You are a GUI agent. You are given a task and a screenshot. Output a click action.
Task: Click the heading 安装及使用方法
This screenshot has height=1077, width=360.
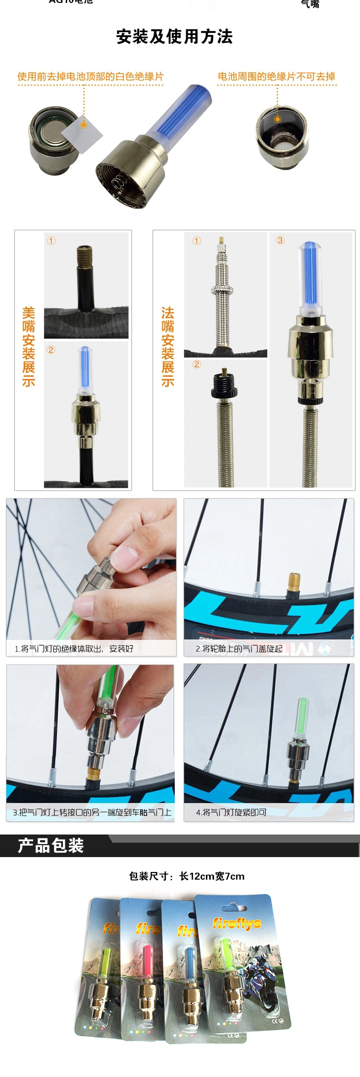[174, 37]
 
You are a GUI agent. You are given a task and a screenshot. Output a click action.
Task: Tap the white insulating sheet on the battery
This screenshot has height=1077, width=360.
[83, 129]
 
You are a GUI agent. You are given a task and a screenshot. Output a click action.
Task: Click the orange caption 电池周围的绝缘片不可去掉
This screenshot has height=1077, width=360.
[276, 76]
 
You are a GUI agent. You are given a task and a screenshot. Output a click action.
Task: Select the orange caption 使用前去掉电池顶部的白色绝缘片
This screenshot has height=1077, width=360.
[90, 76]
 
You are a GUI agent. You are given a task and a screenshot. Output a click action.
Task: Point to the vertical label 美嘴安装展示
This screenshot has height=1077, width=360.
[29, 347]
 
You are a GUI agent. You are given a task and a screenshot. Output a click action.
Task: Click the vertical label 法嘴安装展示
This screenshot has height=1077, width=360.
[168, 347]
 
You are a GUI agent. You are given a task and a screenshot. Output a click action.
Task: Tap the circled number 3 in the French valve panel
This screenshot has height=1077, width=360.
[280, 240]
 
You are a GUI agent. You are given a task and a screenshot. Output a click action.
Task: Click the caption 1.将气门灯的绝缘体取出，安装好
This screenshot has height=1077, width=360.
[74, 649]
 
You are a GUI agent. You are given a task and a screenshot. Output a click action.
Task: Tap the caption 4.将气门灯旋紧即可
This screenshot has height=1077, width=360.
[231, 812]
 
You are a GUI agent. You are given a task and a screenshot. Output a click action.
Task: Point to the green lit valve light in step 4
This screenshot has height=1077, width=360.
[302, 717]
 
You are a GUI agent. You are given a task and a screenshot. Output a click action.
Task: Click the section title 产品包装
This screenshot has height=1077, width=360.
[51, 846]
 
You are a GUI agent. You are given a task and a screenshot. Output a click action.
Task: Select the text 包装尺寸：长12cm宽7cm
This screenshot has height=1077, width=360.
[187, 876]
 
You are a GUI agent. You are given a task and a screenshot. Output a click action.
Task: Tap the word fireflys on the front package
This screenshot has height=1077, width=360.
[237, 922]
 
